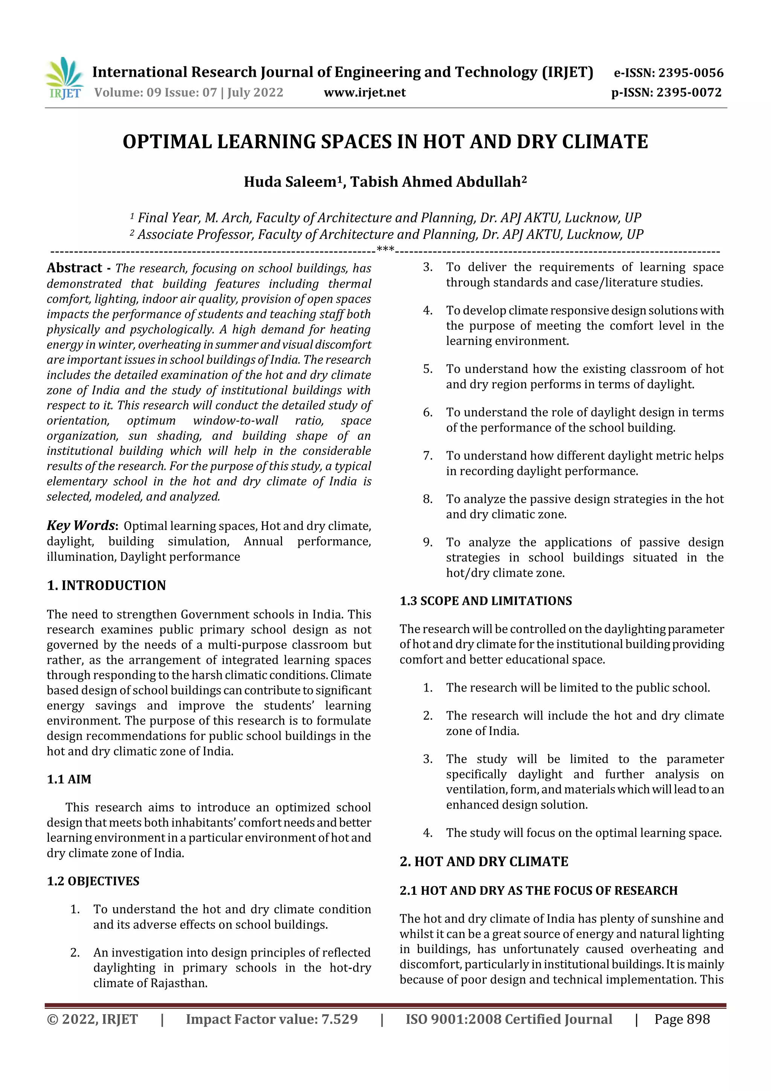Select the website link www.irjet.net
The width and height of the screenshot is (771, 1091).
(364, 92)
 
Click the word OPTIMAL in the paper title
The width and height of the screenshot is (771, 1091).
(167, 142)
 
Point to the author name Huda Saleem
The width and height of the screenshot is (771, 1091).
(290, 182)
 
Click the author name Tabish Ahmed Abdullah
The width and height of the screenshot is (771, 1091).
(436, 182)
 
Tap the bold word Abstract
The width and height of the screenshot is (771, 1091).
(74, 268)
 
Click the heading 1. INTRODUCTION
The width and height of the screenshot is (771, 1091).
(107, 585)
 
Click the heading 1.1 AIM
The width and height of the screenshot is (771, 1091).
(69, 779)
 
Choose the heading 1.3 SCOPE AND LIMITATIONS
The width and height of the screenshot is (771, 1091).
(486, 601)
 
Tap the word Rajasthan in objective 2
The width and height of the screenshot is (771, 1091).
(178, 983)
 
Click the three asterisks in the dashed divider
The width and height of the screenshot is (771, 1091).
(385, 249)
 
